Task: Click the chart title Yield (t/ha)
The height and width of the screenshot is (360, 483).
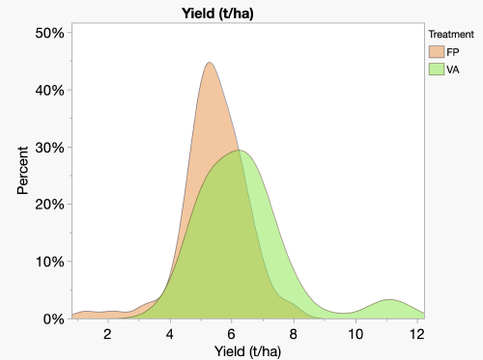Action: point(223,13)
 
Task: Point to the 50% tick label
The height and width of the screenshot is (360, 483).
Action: point(49,33)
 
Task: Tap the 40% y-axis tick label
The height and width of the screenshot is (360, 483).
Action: point(49,90)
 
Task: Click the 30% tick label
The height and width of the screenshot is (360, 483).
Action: point(49,147)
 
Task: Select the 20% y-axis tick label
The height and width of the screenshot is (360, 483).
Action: point(49,204)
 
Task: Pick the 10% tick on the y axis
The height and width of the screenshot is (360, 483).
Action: point(49,262)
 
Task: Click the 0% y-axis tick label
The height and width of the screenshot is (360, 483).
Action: point(53,318)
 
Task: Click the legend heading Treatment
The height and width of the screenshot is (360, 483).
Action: point(451,34)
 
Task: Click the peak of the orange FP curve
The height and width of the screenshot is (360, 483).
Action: point(209,64)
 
